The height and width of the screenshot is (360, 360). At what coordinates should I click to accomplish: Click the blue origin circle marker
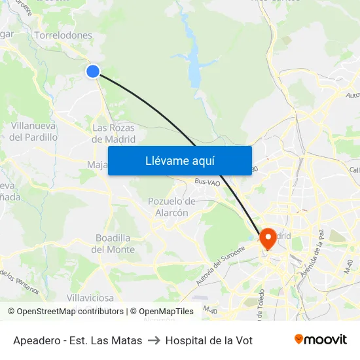93,71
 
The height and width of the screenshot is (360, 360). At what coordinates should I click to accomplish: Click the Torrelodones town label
63,35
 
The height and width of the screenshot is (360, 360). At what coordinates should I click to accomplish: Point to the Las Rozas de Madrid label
113,134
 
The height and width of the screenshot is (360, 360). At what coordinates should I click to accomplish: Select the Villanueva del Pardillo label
33,132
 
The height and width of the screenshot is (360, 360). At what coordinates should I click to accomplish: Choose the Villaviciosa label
90,298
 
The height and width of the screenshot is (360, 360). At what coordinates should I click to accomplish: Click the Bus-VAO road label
207,183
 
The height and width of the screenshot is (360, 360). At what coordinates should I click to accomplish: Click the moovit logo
320,340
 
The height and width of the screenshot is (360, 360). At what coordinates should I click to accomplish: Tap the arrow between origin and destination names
154,340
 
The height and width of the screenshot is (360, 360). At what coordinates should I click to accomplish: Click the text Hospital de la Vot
209,340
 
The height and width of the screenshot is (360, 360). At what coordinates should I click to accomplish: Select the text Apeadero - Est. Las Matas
77,340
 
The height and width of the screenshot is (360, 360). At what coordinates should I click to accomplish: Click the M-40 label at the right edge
351,265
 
